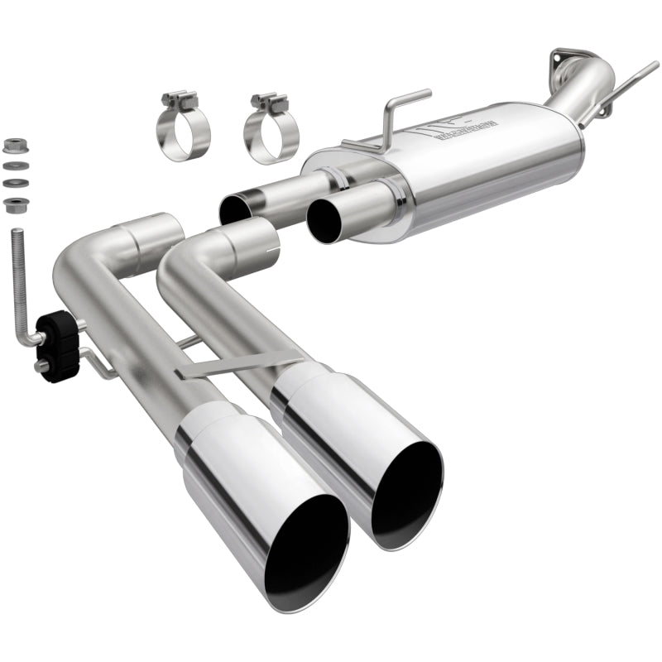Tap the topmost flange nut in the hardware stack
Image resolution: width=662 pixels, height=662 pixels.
click(12, 146)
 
